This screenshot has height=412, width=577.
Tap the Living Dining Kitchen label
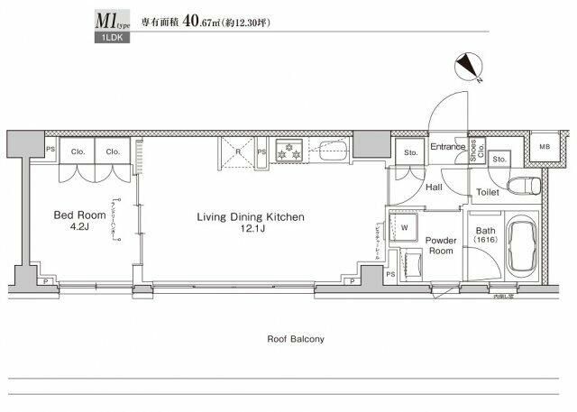[252, 217]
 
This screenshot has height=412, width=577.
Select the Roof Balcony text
[296, 340]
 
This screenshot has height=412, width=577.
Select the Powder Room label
[441, 246]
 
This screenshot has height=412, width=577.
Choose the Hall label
[433, 187]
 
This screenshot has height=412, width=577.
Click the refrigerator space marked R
[237, 151]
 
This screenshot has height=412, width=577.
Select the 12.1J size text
[252, 231]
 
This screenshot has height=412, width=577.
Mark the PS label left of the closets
[51, 151]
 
